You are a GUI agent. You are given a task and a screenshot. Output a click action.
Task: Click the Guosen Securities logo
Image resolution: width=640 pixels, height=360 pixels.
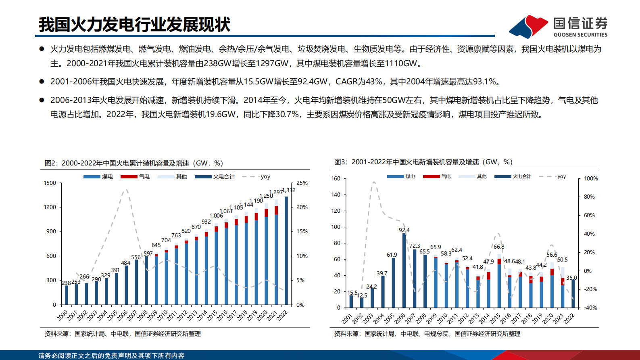click(559, 27)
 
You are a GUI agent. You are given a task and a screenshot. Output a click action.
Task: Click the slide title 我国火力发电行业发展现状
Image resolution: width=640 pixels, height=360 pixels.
click(134, 25)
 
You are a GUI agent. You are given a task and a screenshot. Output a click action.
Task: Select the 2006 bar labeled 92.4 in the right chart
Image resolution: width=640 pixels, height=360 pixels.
click(404, 270)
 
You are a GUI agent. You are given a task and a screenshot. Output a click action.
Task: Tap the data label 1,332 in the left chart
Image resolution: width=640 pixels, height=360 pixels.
click(289, 190)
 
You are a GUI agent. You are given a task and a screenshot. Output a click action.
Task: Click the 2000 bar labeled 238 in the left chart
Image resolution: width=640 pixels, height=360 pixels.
click(66, 295)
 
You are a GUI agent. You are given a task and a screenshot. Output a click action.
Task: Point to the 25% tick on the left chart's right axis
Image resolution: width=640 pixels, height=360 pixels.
click(302, 183)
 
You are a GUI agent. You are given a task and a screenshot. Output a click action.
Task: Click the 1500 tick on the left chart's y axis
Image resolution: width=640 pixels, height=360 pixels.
click(50, 183)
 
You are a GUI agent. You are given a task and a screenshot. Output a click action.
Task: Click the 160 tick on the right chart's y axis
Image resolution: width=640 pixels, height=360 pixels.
click(336, 178)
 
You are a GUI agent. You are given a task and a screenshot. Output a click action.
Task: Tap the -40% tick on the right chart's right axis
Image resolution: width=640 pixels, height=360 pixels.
click(591, 308)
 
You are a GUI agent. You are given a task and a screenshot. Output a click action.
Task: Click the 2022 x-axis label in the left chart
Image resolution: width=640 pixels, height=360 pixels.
click(282, 315)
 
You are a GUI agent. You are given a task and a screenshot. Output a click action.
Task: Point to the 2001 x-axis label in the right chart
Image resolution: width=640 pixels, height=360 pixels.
click(347, 318)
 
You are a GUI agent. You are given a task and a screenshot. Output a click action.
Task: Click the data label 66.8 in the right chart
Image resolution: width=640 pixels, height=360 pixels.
click(499, 247)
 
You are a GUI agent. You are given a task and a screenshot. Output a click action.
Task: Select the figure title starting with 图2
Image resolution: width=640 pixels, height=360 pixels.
click(134, 163)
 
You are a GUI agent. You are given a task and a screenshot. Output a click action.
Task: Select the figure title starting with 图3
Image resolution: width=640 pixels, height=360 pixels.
click(423, 162)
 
